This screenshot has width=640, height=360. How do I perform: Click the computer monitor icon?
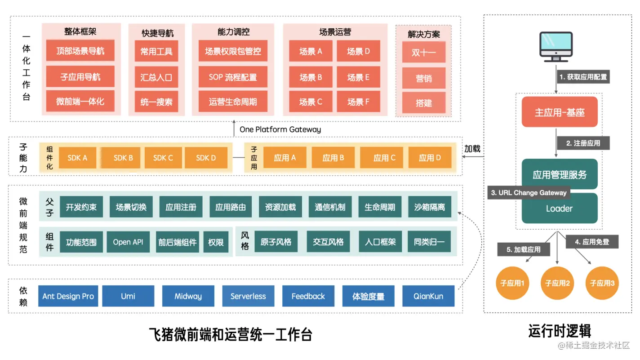click(556, 47)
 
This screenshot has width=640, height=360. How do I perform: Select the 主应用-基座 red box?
click(560, 112)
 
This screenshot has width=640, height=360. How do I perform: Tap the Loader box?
click(560, 209)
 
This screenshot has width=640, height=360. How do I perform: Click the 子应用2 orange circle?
click(557, 283)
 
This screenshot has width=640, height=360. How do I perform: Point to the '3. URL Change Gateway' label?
click(529, 193)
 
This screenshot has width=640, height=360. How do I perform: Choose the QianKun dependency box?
click(428, 296)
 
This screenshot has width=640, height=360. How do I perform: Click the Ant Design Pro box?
click(68, 296)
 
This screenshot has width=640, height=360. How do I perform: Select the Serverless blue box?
click(248, 296)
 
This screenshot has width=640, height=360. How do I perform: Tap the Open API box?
click(128, 242)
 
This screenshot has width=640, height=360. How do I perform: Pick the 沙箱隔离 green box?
click(430, 207)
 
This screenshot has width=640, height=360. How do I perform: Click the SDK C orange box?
click(163, 158)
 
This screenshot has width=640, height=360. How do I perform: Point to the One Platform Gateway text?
click(280, 129)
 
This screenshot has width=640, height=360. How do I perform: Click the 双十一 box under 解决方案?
click(424, 53)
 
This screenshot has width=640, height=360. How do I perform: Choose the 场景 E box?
click(358, 77)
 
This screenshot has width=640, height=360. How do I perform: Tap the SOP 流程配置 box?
click(233, 77)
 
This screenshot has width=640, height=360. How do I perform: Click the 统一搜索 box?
click(156, 102)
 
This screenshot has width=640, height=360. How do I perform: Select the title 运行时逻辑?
click(560, 331)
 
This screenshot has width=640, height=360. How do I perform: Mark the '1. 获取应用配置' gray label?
click(583, 77)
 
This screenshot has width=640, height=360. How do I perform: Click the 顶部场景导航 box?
click(80, 51)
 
